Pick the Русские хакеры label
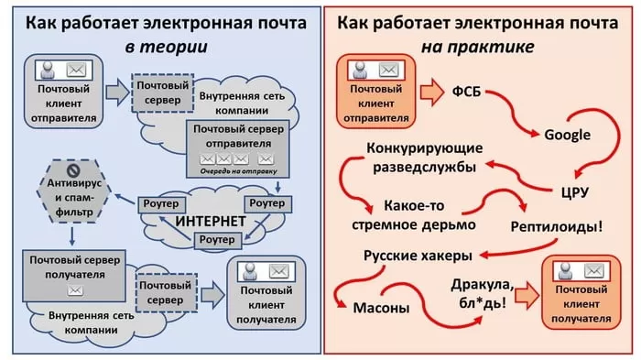(418, 255)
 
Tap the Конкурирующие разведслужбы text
(421, 157)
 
